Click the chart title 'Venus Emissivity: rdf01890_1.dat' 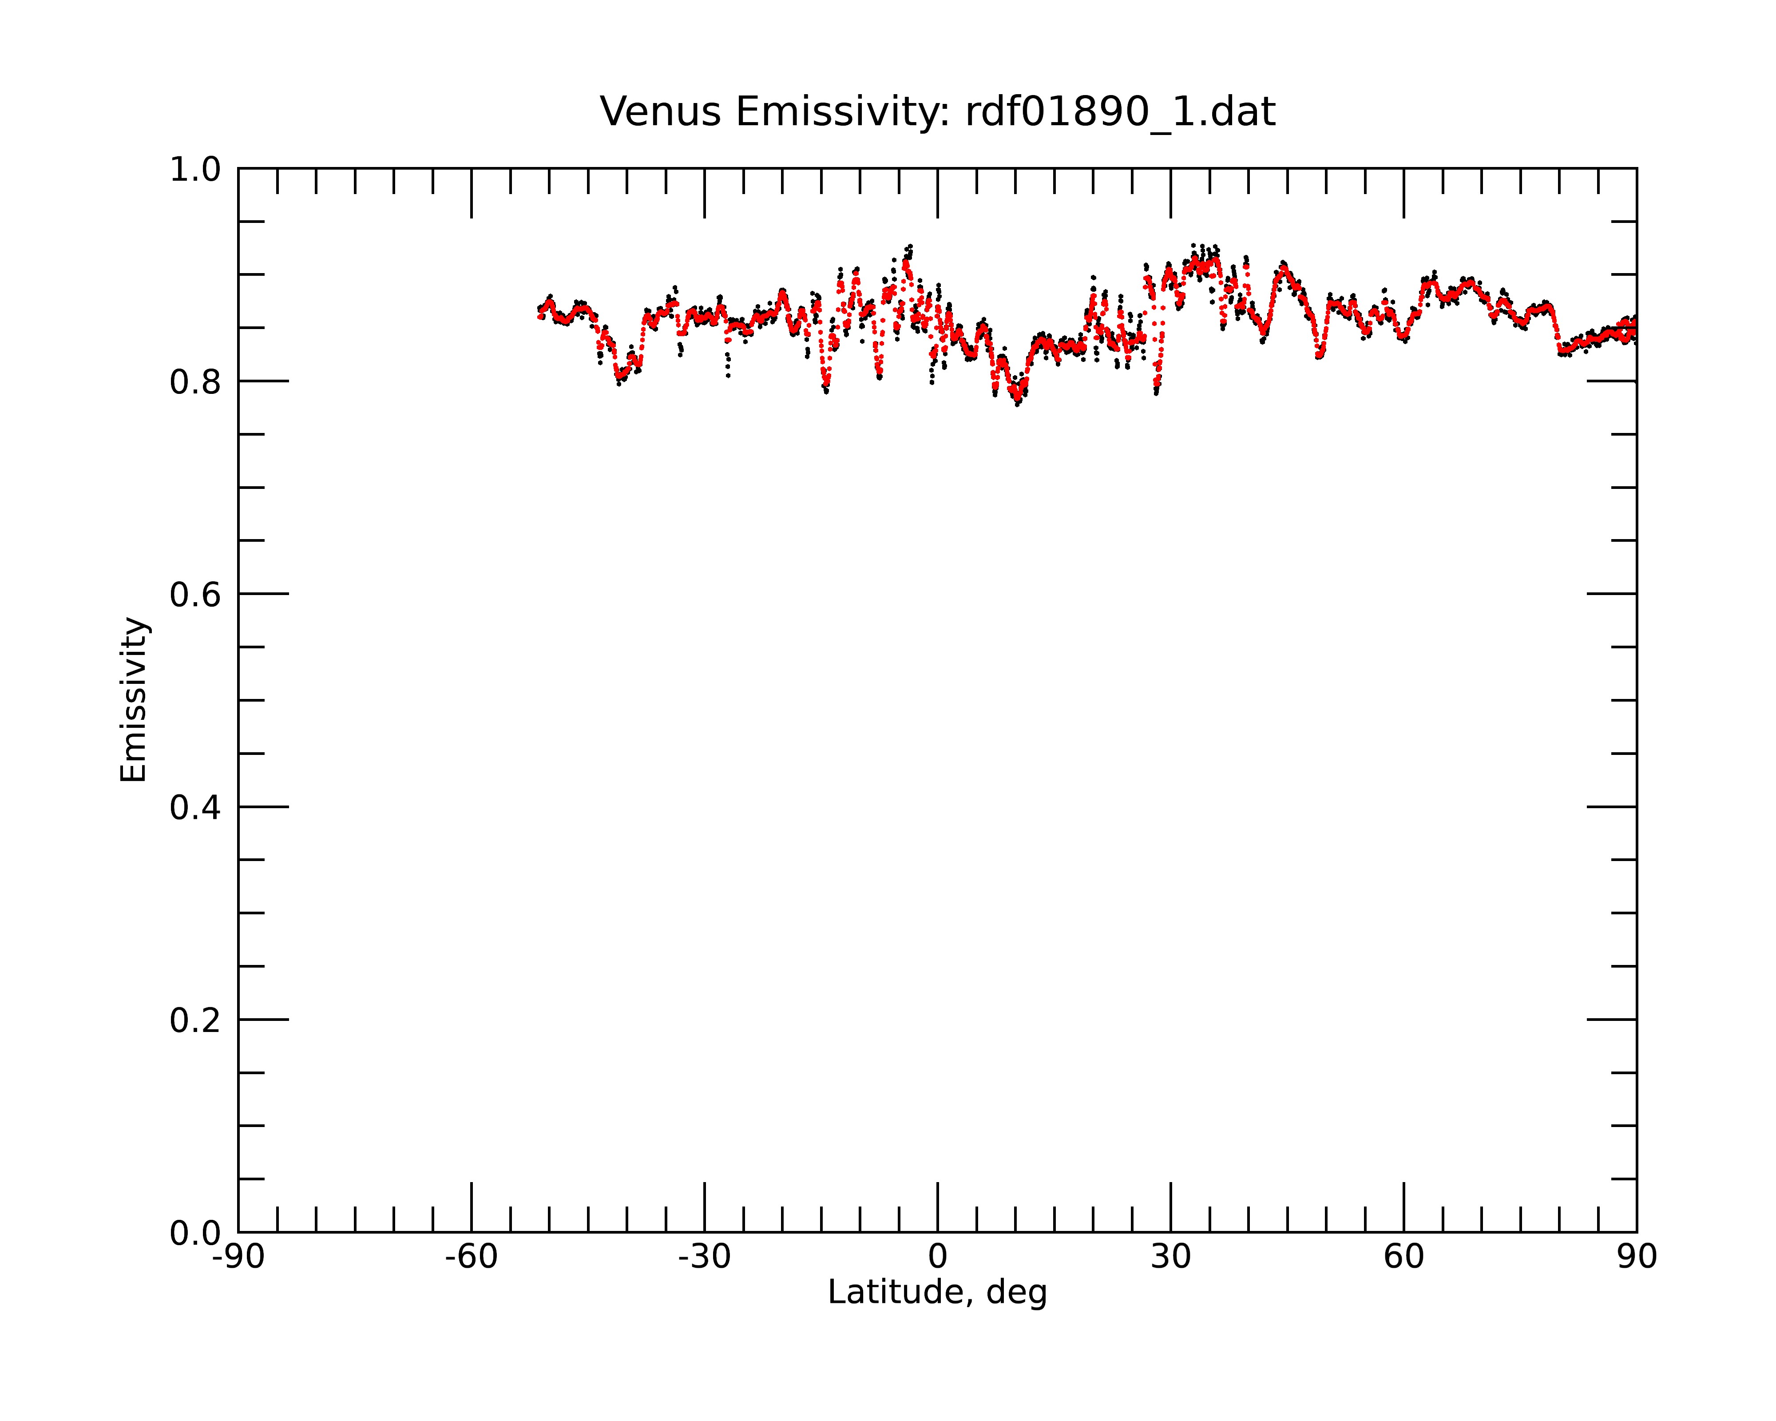click(x=937, y=112)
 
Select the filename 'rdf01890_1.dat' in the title click(x=1120, y=112)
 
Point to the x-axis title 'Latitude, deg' click(x=937, y=1293)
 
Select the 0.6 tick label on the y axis click(x=195, y=595)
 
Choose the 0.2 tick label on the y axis click(x=195, y=1020)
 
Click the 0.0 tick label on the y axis click(x=195, y=1233)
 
